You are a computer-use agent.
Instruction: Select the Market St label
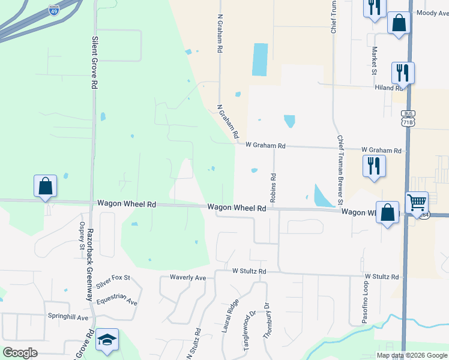374,61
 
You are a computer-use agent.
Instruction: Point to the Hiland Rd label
389,88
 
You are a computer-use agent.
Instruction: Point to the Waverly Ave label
188,278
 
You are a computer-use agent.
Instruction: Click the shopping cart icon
417,202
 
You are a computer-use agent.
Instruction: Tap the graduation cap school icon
107,340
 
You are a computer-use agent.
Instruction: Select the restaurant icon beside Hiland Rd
403,73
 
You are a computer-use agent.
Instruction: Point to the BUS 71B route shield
408,118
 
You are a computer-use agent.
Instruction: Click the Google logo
20,353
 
